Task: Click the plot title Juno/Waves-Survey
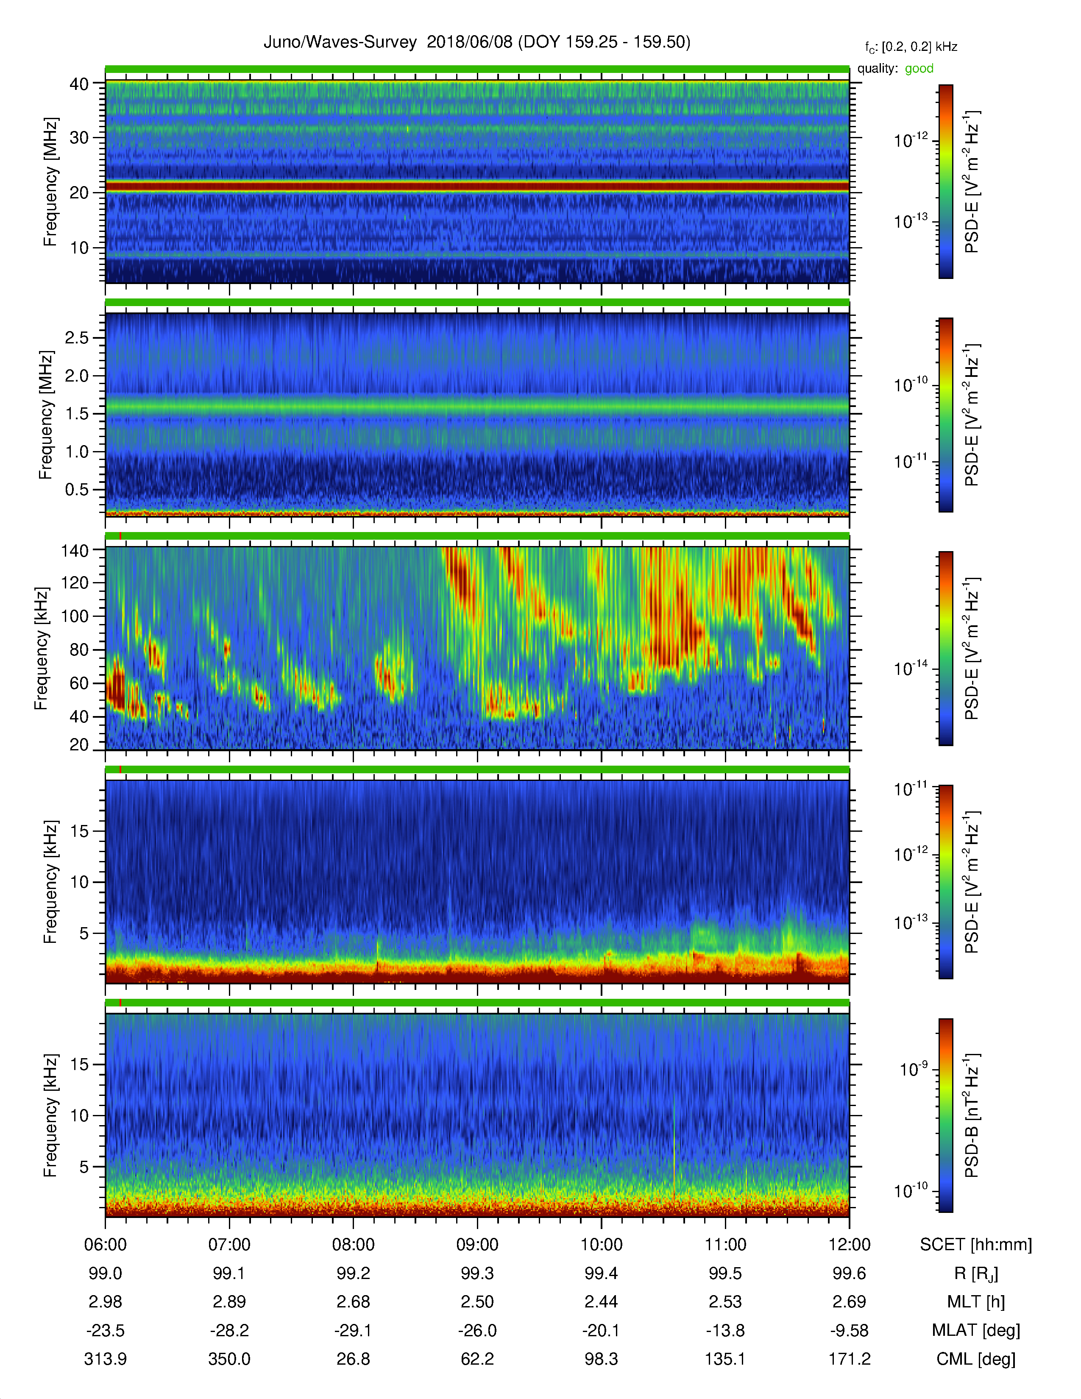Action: [340, 42]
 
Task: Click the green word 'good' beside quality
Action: [919, 69]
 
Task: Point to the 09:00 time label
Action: [477, 1245]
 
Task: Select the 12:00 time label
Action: [849, 1245]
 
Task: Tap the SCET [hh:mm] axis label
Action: [976, 1245]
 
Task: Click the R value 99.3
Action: [477, 1274]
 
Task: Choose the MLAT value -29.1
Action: [353, 1330]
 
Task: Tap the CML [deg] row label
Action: [976, 1359]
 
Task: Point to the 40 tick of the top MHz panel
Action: [79, 84]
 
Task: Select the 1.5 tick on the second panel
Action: [77, 414]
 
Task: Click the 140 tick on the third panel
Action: [74, 550]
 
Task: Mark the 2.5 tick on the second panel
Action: [77, 337]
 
